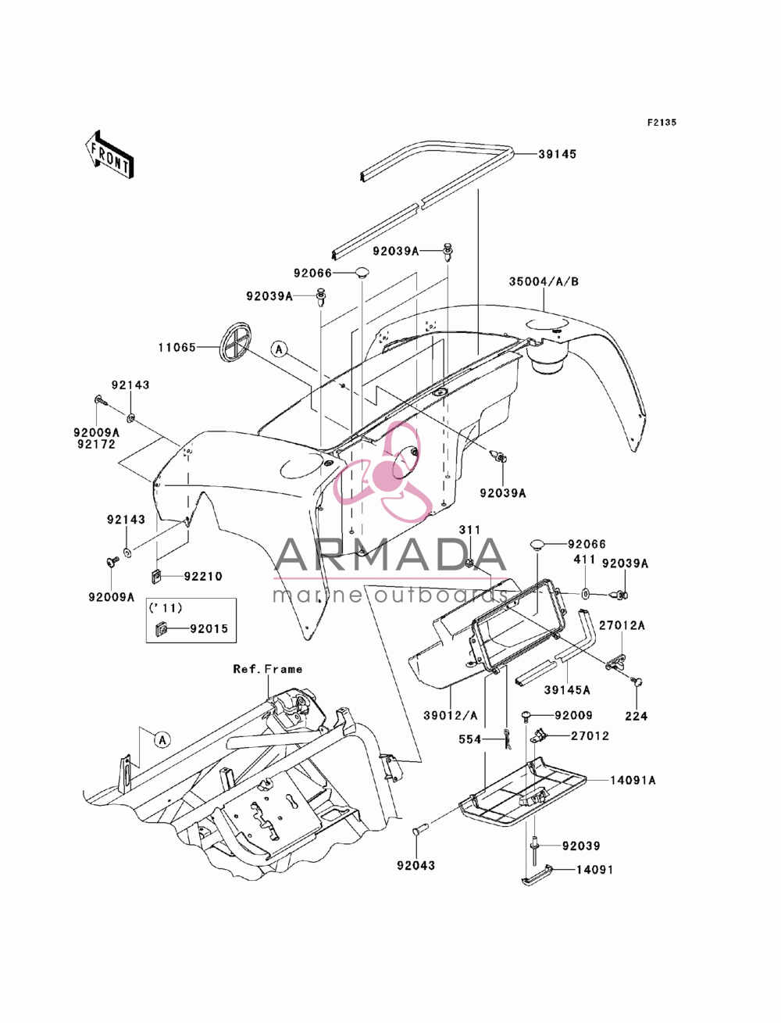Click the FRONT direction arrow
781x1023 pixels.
(109, 154)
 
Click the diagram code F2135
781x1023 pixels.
(662, 123)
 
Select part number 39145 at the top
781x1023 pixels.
(557, 154)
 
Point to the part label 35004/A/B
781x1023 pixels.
(544, 281)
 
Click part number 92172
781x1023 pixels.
(96, 444)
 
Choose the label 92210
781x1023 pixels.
(203, 577)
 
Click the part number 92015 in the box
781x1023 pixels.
(209, 628)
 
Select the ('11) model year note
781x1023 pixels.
(166, 608)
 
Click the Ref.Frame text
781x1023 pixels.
(268, 669)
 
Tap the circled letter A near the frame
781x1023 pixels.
(162, 739)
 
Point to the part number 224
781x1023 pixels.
(637, 716)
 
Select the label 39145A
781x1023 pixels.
(567, 690)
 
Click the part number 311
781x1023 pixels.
(469, 530)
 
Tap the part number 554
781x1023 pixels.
(469, 739)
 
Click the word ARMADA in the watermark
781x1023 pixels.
(390, 555)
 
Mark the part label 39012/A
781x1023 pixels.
(450, 715)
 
